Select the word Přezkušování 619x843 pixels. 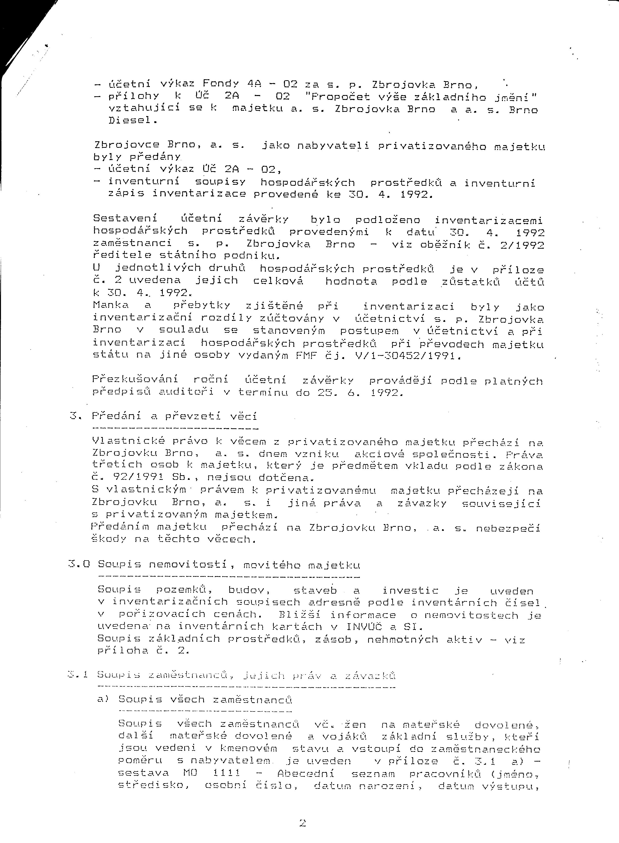(135, 380)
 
